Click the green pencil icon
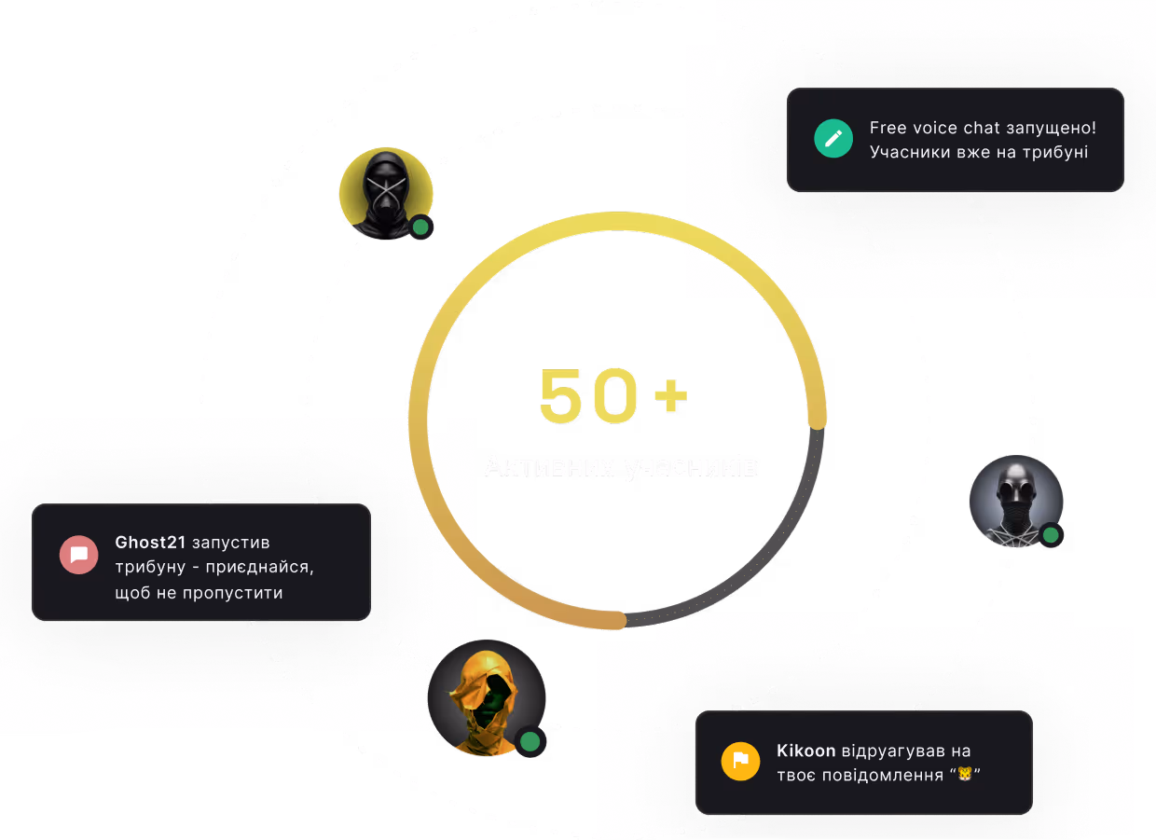[833, 139]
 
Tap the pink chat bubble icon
[79, 555]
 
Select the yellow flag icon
[740, 762]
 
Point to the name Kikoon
[806, 750]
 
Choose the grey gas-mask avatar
[1015, 501]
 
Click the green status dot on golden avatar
[530, 741]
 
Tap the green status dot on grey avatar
[1051, 535]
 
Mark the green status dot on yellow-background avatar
[421, 227]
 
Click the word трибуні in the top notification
[1055, 152]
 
